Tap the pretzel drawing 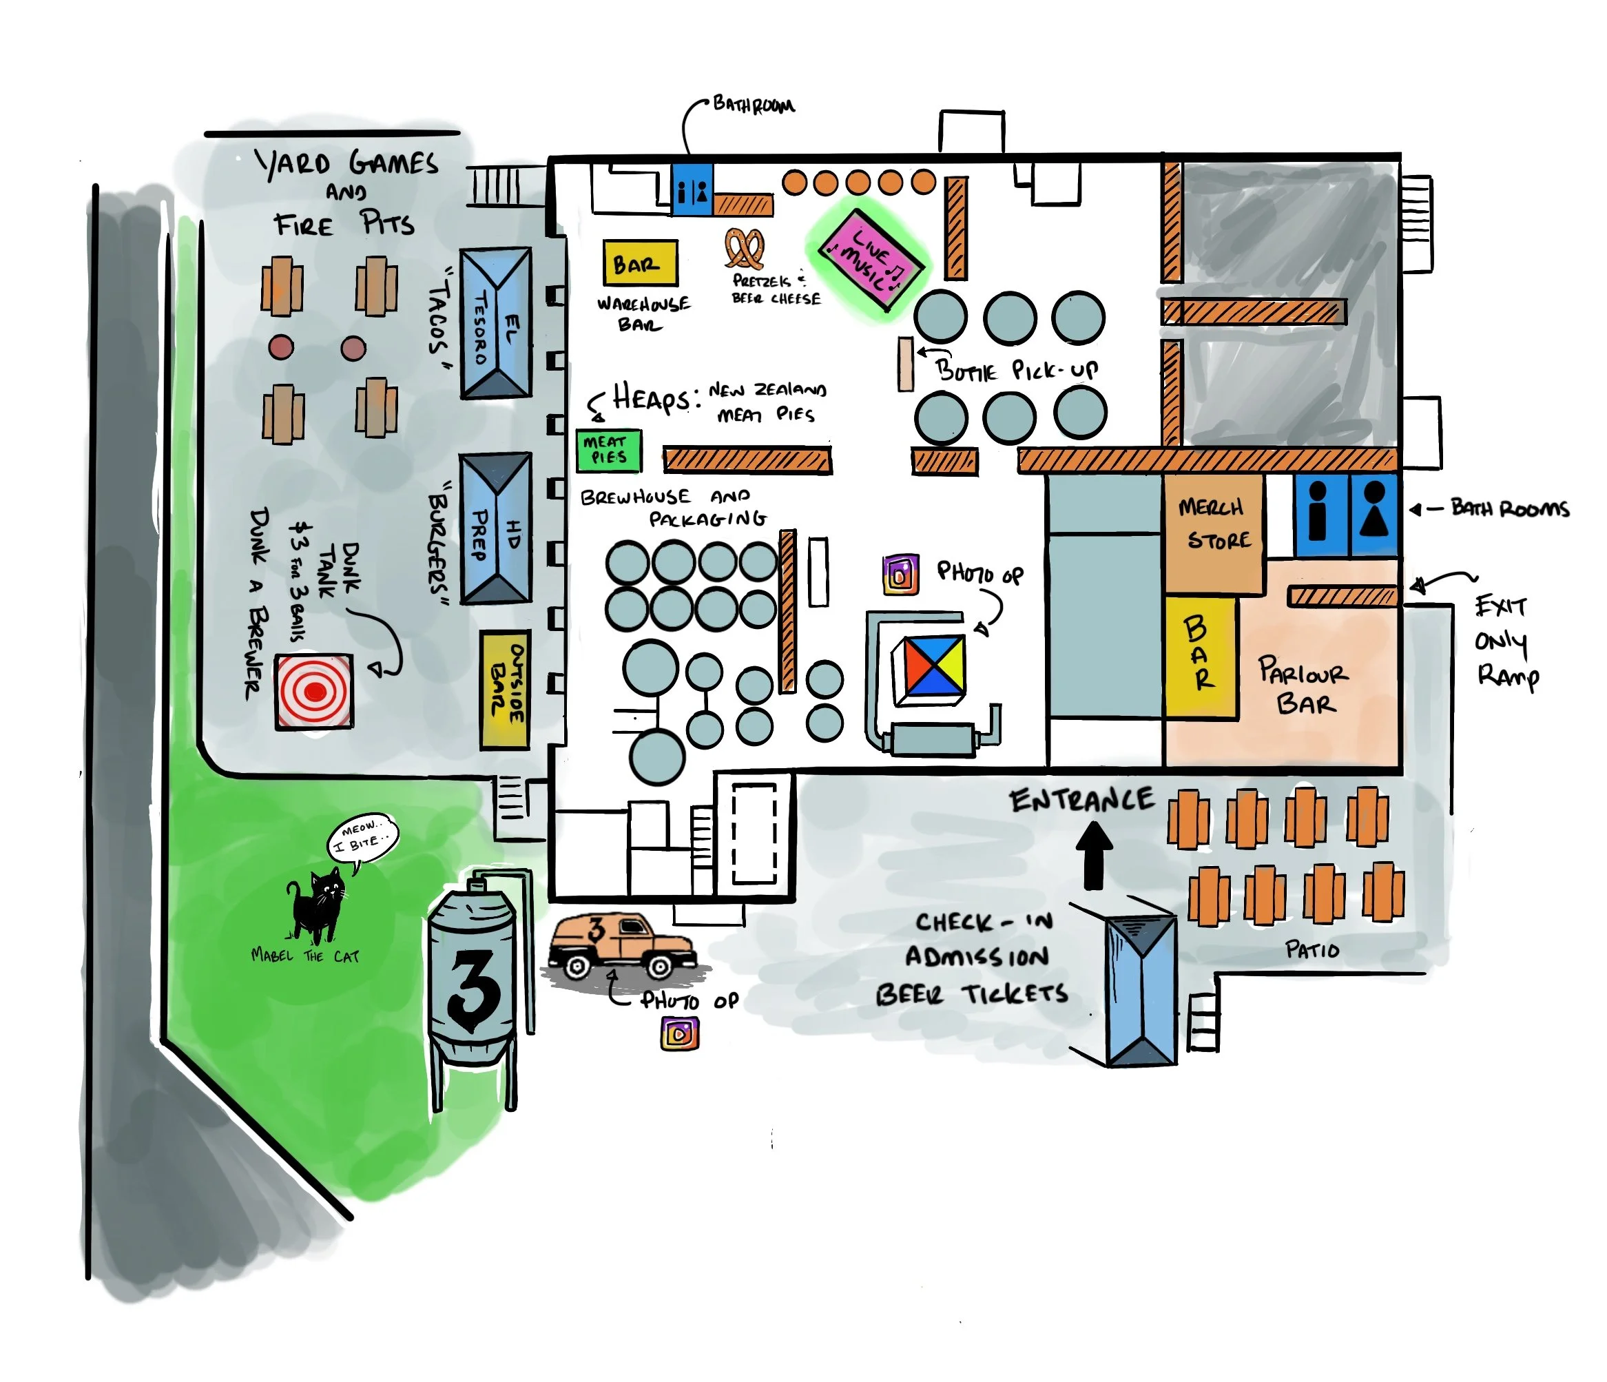click(x=745, y=249)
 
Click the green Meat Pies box click(x=608, y=451)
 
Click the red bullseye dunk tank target click(x=314, y=691)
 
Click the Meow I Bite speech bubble click(x=362, y=838)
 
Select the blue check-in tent click(x=1140, y=989)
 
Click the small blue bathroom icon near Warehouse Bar click(x=692, y=189)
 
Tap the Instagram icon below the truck click(x=679, y=1034)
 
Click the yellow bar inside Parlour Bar click(x=1200, y=656)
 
